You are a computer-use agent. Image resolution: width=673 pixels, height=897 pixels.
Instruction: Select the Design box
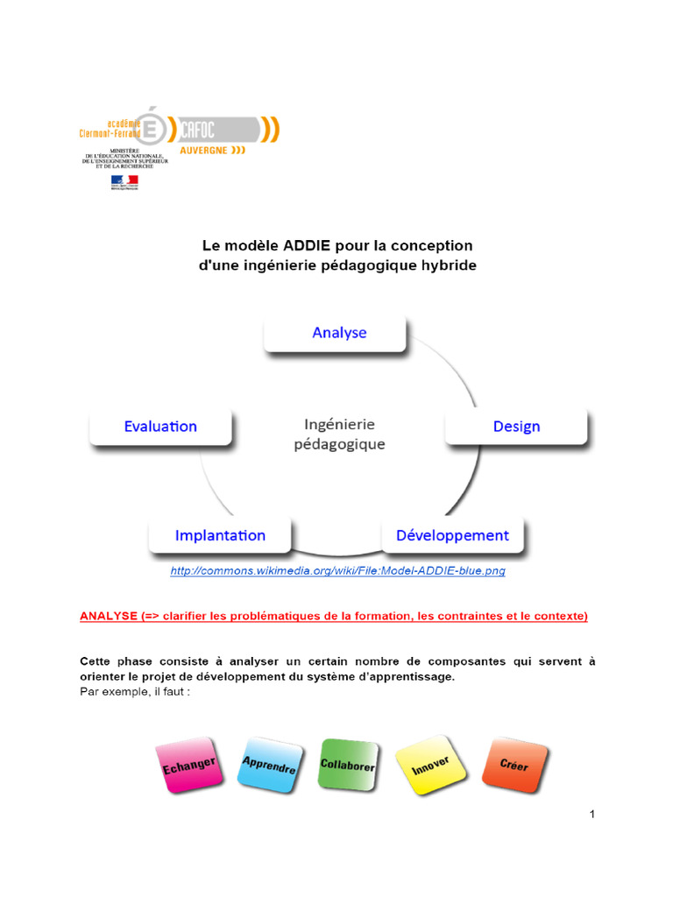[516, 427]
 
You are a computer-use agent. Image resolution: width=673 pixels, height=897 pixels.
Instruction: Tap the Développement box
[452, 535]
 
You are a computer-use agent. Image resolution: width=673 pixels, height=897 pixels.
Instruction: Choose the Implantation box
[220, 535]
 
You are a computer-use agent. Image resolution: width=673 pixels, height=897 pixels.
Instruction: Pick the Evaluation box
[160, 427]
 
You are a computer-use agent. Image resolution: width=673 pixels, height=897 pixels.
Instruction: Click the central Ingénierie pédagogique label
[339, 434]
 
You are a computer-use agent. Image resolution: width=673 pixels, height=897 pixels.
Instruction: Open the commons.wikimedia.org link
[337, 571]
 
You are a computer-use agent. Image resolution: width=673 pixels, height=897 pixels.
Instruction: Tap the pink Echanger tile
[188, 765]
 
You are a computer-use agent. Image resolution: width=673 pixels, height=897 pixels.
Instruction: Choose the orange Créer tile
[514, 764]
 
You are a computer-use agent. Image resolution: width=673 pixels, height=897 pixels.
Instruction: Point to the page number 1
[592, 815]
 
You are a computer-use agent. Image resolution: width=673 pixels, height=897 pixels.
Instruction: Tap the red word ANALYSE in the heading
[108, 616]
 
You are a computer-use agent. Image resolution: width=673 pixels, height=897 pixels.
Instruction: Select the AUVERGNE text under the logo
[203, 150]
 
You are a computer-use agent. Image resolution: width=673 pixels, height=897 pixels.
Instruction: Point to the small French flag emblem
[124, 181]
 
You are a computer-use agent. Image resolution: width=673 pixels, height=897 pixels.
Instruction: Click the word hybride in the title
[447, 265]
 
